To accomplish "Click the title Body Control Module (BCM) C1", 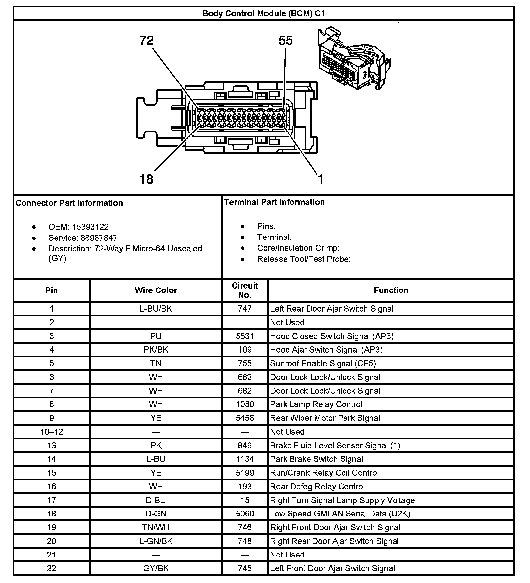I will tap(264, 14).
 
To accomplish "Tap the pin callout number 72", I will tap(146, 41).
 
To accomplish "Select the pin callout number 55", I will tap(286, 41).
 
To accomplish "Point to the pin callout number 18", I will tap(146, 179).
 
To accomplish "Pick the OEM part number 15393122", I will tap(90, 227).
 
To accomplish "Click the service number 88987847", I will tap(99, 238).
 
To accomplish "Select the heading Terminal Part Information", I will tap(274, 202).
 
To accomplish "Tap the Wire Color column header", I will tap(156, 291).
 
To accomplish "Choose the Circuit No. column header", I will tap(245, 290).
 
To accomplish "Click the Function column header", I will tap(391, 291).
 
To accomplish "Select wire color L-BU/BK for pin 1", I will tap(156, 309).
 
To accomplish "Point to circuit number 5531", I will tap(245, 336).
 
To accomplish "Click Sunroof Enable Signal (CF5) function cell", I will tap(323, 364).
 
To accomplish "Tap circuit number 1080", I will tap(245, 404).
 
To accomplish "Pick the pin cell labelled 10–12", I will tap(52, 432).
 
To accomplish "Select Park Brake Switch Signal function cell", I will tap(316, 459).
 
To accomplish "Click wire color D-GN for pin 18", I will tap(156, 514).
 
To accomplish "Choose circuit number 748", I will tap(245, 541).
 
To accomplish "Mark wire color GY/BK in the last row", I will tap(156, 569).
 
